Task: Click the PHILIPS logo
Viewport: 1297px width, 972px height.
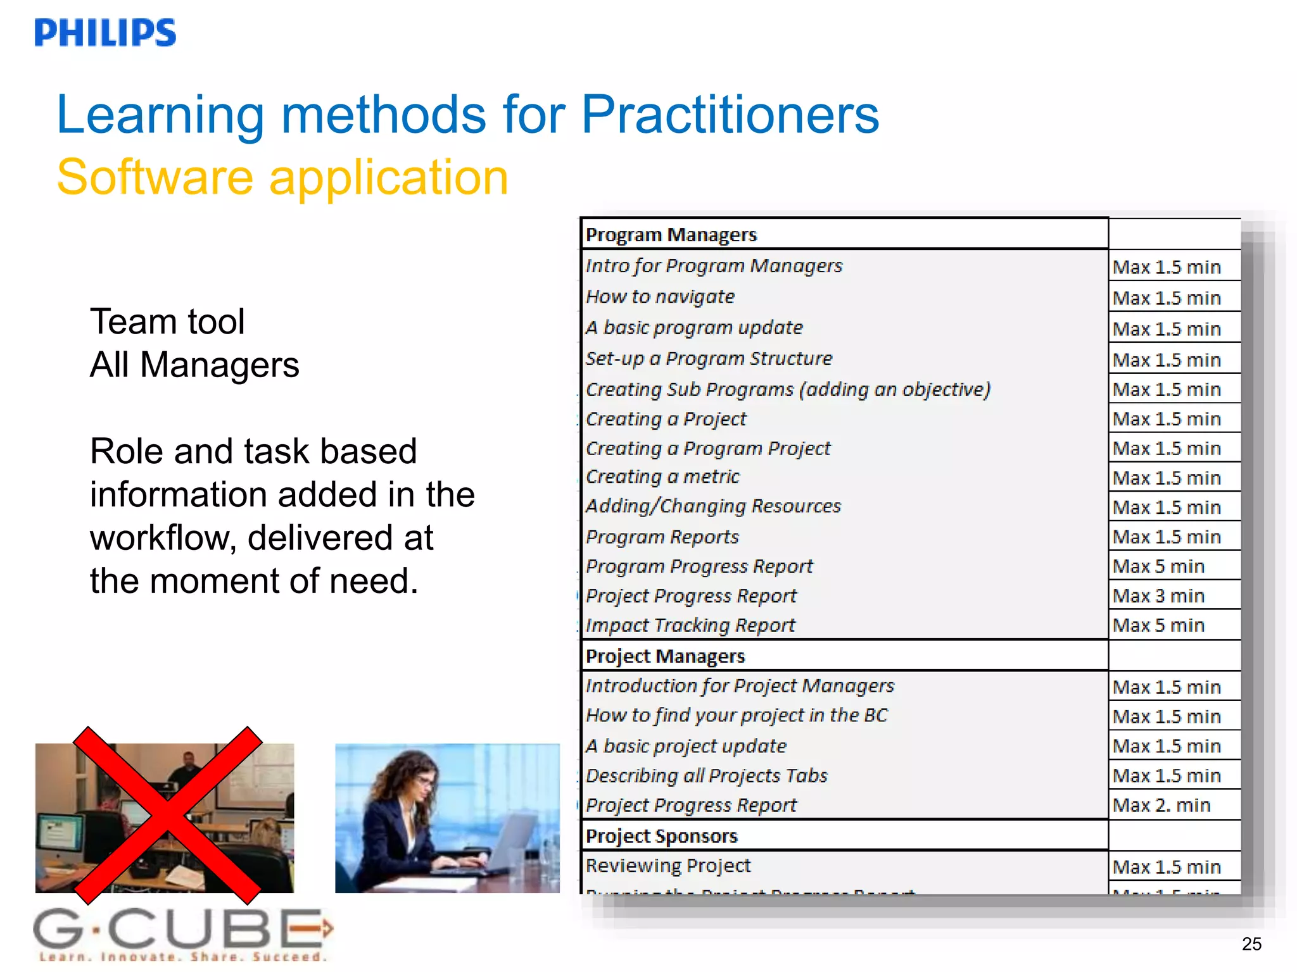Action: pos(105,33)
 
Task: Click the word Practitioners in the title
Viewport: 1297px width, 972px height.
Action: pos(730,115)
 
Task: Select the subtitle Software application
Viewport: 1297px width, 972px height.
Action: pos(282,177)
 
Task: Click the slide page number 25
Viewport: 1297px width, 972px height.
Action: pos(1251,944)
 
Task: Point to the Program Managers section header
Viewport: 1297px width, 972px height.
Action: pos(671,235)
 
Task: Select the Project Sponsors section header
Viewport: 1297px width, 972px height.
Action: pos(661,836)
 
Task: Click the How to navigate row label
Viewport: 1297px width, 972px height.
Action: pos(660,297)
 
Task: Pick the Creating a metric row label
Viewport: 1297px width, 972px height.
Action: pos(662,477)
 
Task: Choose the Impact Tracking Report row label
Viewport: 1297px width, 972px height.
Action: pos(690,625)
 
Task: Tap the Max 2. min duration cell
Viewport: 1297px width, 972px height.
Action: pos(1161,805)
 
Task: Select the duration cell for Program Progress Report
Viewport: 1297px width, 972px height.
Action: pos(1158,566)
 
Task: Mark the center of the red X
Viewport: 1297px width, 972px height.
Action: pos(168,815)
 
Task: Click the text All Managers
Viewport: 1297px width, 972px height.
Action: pos(194,365)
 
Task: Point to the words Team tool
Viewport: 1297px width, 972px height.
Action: pos(167,321)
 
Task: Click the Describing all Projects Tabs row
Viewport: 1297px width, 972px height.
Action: pos(707,776)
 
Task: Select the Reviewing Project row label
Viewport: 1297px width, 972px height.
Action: pos(668,866)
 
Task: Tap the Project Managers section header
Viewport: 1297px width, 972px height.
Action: pos(665,656)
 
